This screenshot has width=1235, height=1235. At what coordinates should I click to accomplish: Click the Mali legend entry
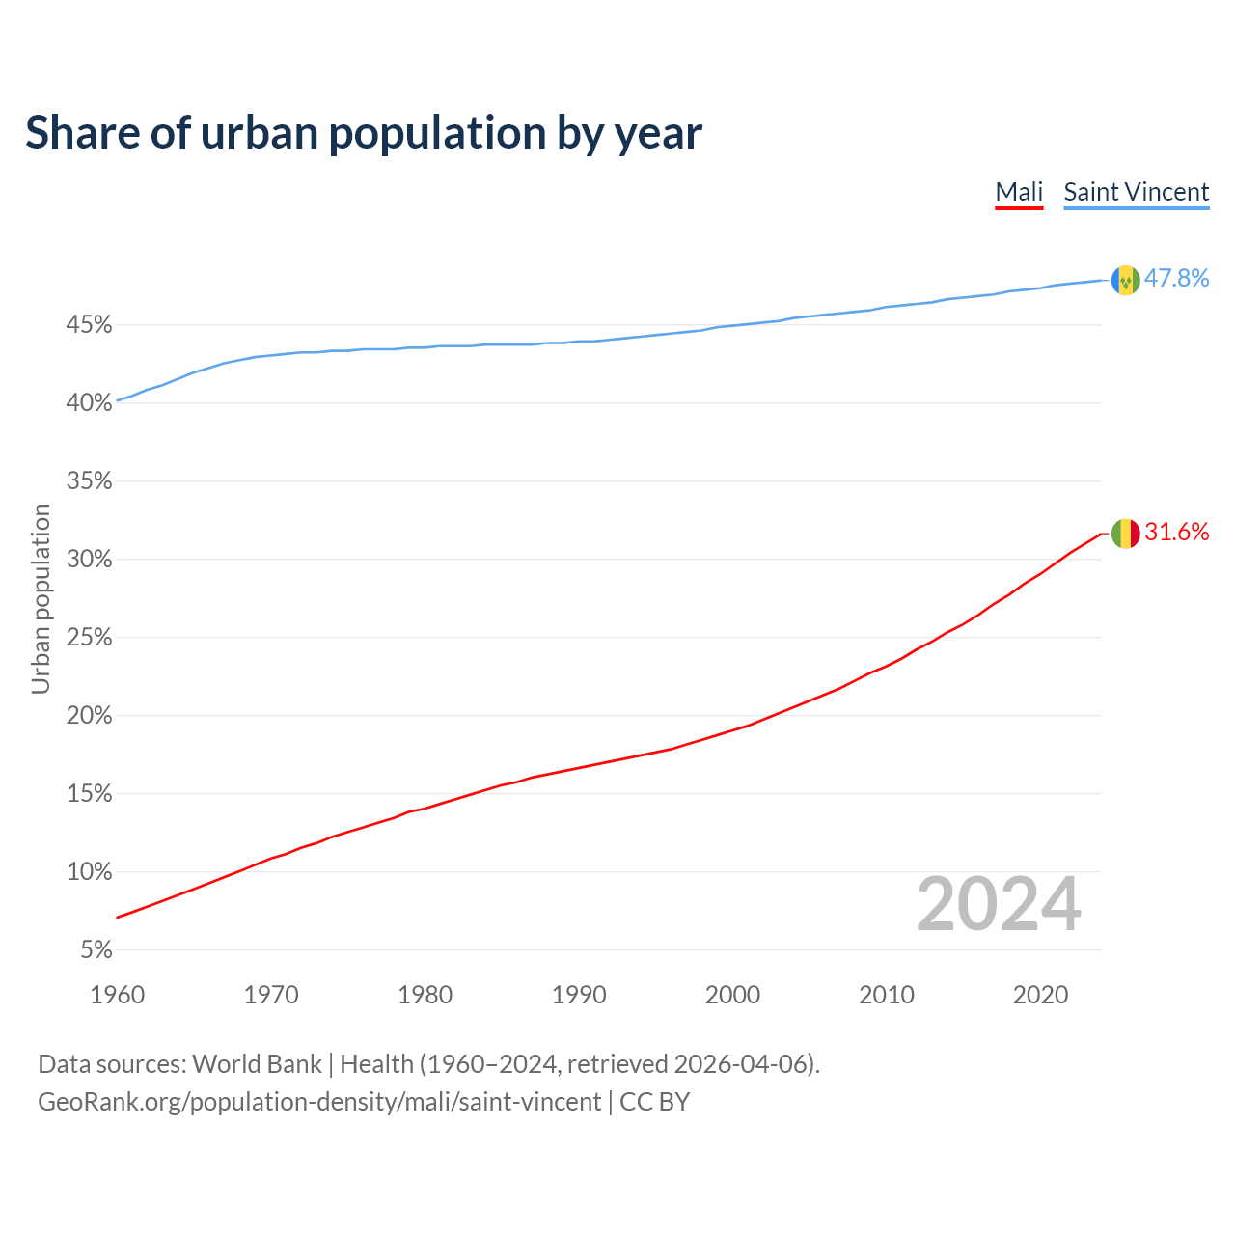point(1019,192)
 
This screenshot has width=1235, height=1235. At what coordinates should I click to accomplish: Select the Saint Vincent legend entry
point(1136,192)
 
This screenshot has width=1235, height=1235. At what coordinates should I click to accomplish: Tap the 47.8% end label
point(1176,278)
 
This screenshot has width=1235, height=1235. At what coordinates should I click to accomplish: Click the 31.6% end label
point(1176,532)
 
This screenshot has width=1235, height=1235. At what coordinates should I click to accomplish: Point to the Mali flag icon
point(1125,533)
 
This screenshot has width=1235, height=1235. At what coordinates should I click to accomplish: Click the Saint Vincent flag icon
point(1125,280)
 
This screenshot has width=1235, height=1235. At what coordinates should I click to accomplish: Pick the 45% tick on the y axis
point(89,325)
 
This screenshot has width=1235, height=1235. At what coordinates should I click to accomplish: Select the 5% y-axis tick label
point(96,950)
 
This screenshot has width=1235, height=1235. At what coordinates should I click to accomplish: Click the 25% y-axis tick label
point(89,638)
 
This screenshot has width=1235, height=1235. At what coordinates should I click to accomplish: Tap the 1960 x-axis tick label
point(117,995)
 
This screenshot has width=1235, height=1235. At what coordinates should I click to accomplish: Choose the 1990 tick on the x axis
point(579,995)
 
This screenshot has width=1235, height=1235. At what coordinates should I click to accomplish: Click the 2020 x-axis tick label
point(1040,995)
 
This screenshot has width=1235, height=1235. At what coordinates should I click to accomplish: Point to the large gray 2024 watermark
point(998,904)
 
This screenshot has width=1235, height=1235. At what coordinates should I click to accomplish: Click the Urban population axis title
point(41,598)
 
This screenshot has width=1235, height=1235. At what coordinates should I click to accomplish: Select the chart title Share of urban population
point(364,132)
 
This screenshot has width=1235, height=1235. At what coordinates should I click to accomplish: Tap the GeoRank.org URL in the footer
point(319,1101)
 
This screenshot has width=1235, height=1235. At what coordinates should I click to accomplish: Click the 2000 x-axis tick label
point(732,995)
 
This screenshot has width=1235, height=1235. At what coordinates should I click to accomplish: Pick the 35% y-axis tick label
point(89,481)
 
